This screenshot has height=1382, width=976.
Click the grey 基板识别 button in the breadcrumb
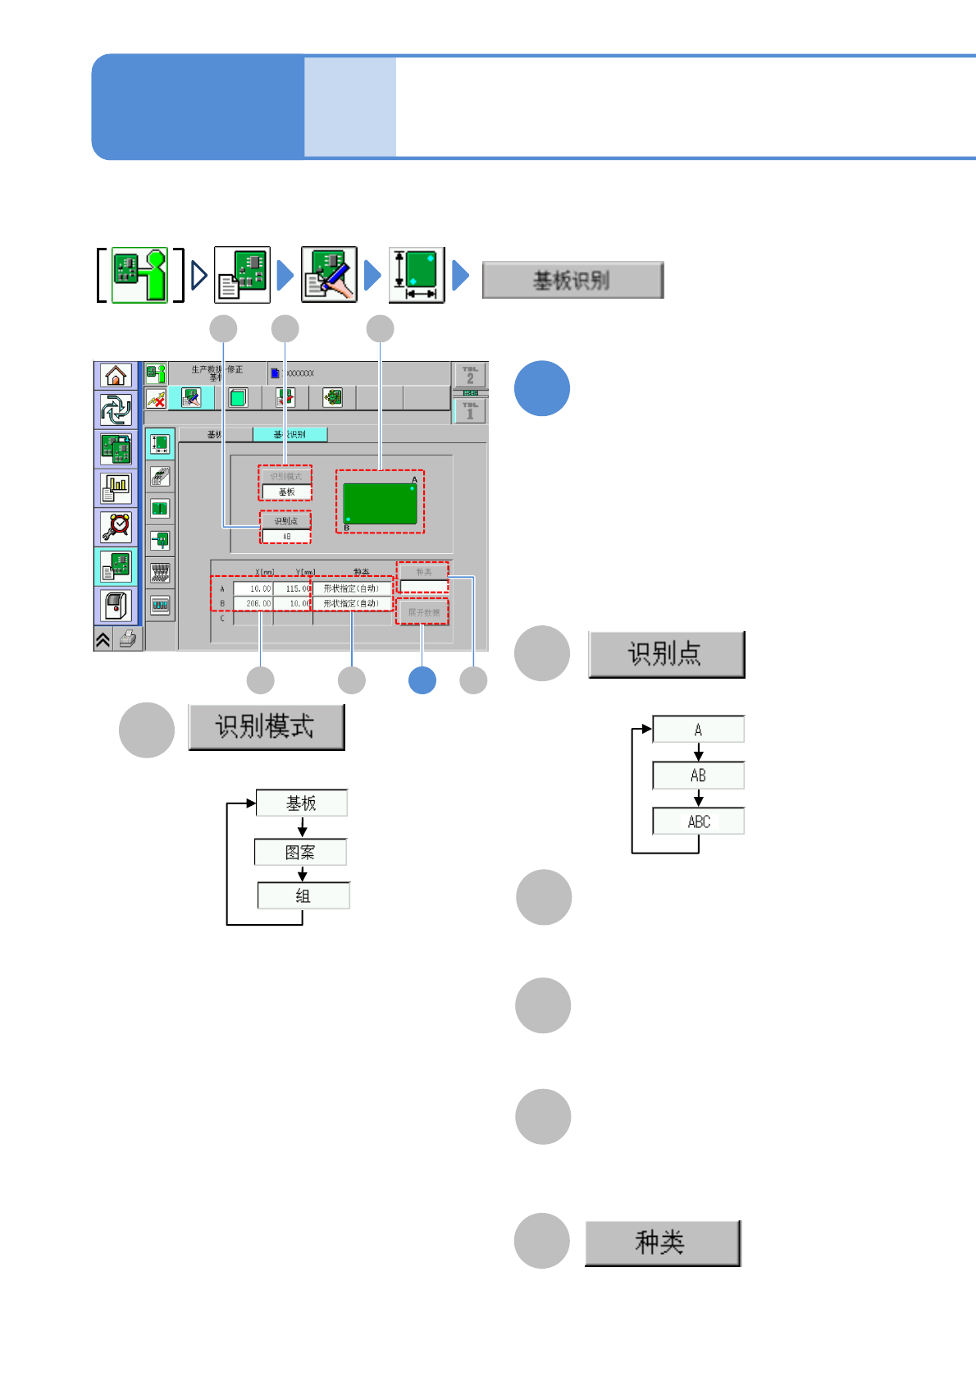(572, 281)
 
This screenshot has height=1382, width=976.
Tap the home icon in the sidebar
(116, 376)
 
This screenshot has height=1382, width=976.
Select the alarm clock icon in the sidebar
(116, 526)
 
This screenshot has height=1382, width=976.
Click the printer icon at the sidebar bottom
(128, 638)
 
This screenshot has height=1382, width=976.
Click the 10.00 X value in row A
(253, 588)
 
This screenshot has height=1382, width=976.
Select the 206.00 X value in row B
(253, 603)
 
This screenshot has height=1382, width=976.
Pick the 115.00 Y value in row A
(293, 588)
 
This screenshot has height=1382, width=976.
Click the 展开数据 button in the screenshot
(423, 612)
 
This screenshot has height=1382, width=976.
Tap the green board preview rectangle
(380, 503)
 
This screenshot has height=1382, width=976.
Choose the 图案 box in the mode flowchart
(300, 852)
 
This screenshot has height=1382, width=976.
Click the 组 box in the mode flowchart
(303, 895)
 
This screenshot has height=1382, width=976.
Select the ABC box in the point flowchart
(699, 821)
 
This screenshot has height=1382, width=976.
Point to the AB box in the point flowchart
(699, 776)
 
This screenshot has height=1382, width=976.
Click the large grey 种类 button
(662, 1242)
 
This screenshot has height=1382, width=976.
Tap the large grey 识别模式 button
(266, 726)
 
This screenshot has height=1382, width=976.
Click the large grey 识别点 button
(666, 654)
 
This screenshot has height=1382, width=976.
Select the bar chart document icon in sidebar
(116, 488)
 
